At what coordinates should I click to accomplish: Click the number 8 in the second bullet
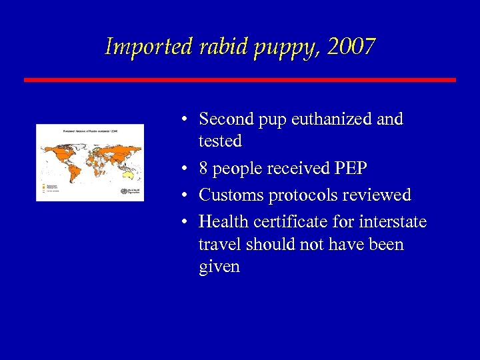pyautogui.click(x=204, y=169)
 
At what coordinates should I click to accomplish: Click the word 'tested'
pyautogui.click(x=219, y=141)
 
